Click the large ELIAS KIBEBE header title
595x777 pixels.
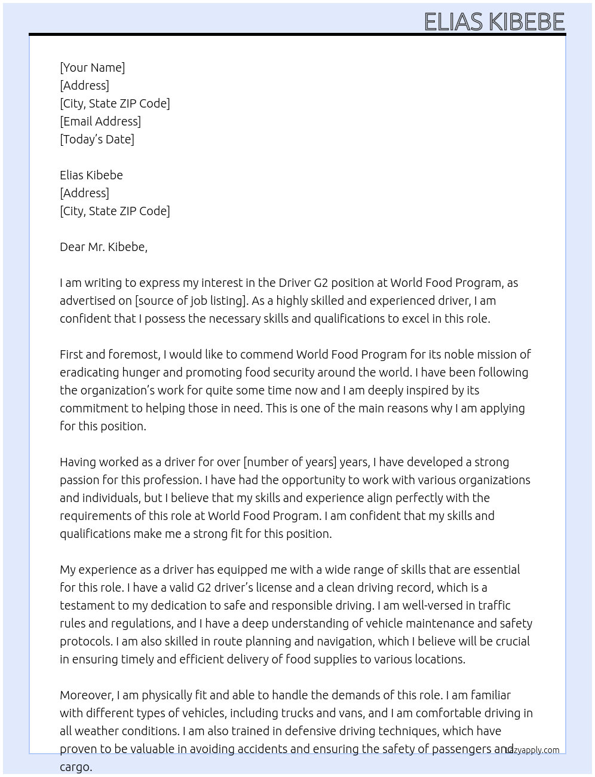pos(494,22)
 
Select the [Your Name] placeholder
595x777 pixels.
pos(93,68)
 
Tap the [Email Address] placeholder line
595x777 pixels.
pos(100,121)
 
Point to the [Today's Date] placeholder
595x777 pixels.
pos(97,139)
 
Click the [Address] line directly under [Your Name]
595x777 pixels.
pos(84,85)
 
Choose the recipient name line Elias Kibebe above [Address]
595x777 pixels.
pos(91,175)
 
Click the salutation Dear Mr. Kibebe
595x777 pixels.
pos(103,247)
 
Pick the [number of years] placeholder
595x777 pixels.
pos(290,462)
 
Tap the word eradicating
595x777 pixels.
pos(89,372)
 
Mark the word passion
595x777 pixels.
pos(79,480)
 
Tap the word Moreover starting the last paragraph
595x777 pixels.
pos(87,695)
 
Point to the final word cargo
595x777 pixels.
pos(75,767)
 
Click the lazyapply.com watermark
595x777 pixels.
pos(533,750)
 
